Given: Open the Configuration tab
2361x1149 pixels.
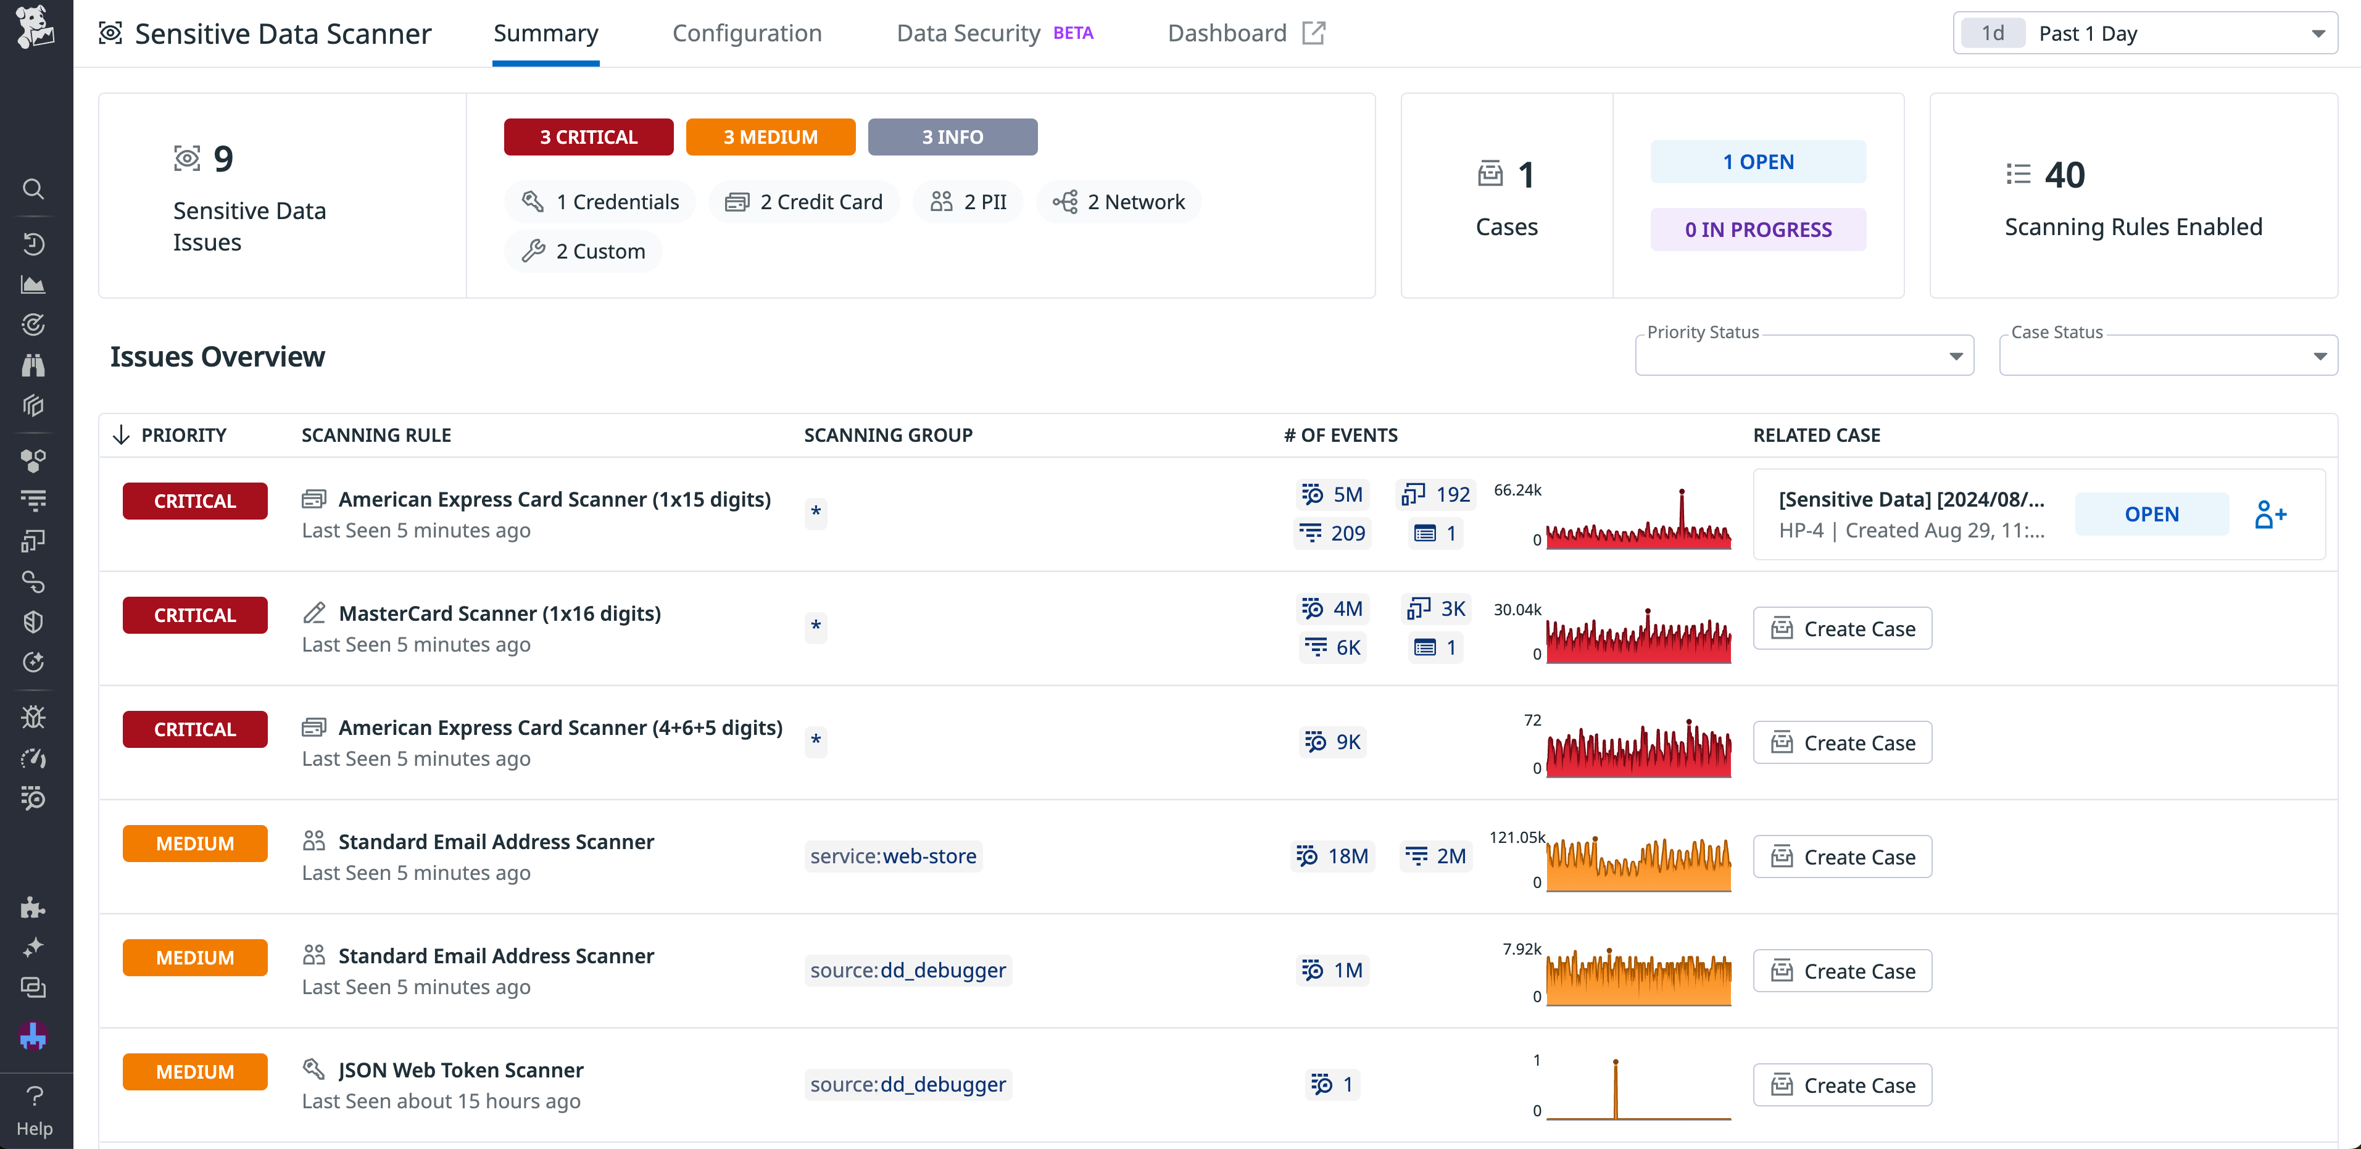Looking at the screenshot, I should click(747, 33).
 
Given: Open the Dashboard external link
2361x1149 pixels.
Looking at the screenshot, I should click(1245, 33).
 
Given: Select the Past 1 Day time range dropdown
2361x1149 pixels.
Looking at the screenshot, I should click(2144, 33).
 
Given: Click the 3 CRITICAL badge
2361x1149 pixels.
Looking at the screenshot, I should click(589, 136).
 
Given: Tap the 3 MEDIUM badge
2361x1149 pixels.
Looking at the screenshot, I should click(770, 136).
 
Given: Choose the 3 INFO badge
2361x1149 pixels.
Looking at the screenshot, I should click(952, 136).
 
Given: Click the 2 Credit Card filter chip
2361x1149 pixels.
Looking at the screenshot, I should click(804, 202).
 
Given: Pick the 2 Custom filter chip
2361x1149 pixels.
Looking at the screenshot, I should click(583, 251).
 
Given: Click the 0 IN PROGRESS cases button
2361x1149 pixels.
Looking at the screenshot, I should click(1757, 229).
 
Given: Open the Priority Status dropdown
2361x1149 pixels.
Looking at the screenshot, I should click(1804, 355).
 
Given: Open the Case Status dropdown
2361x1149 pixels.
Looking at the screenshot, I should click(2168, 355).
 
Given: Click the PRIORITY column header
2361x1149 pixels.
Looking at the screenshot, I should click(183, 435).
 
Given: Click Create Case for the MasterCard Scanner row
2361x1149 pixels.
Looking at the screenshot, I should click(1842, 629).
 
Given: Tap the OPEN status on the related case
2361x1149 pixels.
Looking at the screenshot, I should click(2151, 514).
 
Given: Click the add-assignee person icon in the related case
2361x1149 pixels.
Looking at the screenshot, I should click(2270, 514).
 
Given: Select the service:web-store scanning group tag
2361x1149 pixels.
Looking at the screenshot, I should click(893, 856).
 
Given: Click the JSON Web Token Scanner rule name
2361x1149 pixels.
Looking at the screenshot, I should click(460, 1069).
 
